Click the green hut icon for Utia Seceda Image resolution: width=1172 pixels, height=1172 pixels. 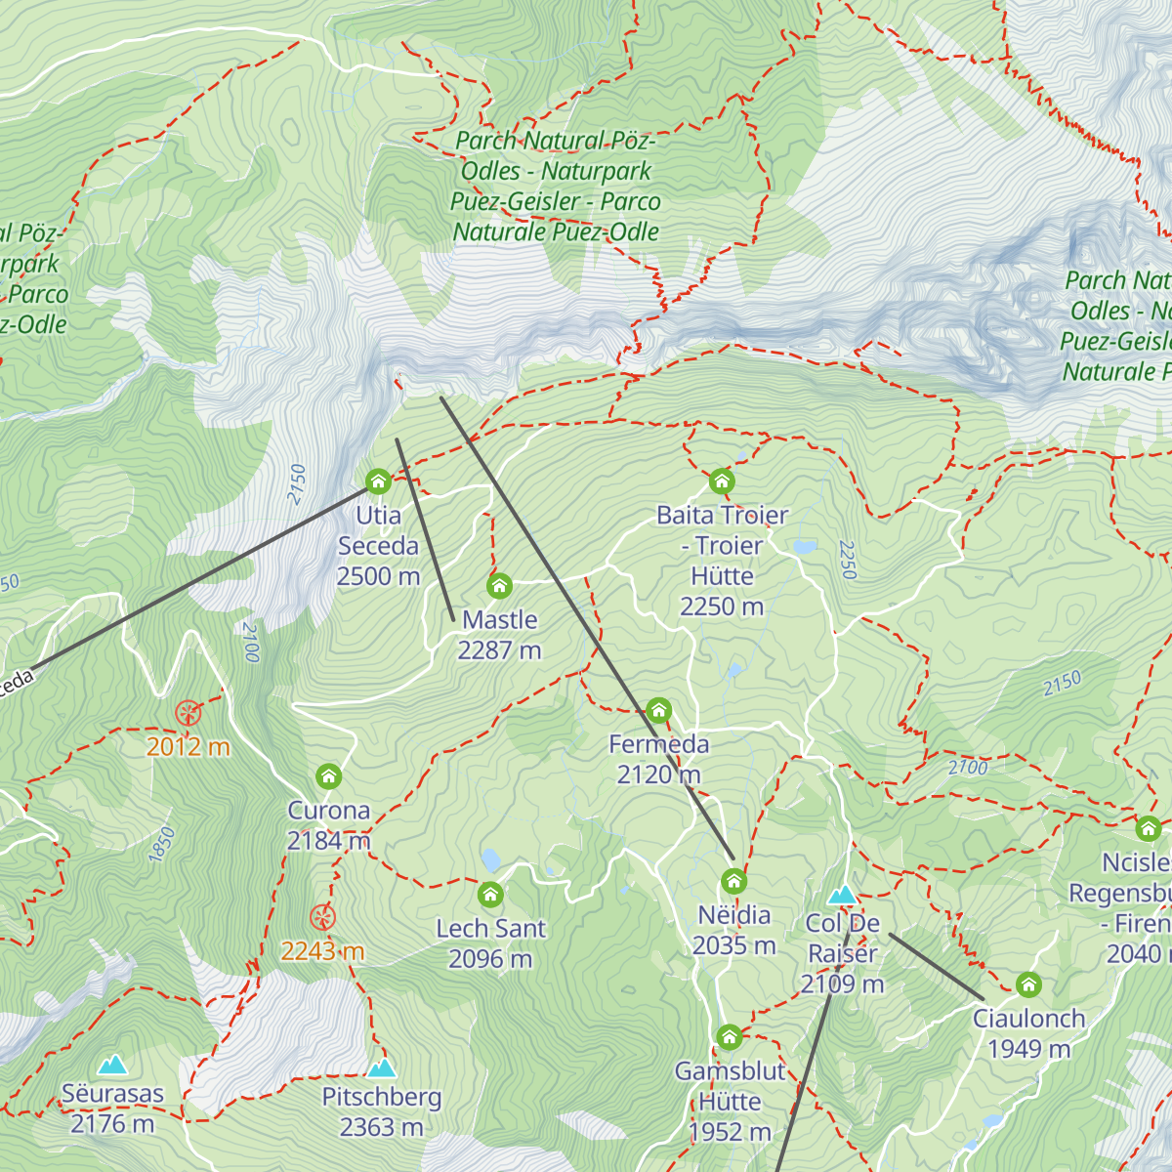(378, 481)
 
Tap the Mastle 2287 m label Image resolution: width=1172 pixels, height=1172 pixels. (499, 635)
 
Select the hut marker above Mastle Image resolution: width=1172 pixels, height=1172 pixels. (499, 586)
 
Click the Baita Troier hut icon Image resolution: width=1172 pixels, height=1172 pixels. (722, 481)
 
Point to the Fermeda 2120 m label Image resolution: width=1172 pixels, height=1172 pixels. (659, 759)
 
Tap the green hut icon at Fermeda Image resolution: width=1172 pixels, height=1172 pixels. (659, 709)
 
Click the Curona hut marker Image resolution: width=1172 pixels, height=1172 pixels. (329, 776)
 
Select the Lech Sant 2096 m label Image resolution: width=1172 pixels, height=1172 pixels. (490, 943)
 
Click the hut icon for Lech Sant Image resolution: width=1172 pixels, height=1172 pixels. (490, 894)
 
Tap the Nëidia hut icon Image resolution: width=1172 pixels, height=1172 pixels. (733, 882)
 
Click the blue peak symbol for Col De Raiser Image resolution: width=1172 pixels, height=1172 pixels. (842, 895)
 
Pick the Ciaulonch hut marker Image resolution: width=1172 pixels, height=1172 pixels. (1028, 984)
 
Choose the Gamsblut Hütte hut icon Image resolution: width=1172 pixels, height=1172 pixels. (730, 1036)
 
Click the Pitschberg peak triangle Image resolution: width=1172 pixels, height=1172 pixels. (382, 1067)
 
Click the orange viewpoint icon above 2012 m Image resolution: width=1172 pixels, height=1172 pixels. (188, 713)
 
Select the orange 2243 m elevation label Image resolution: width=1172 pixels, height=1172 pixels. (322, 950)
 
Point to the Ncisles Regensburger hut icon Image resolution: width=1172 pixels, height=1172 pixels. (1149, 829)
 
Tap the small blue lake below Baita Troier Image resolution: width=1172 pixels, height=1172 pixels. (805, 547)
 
